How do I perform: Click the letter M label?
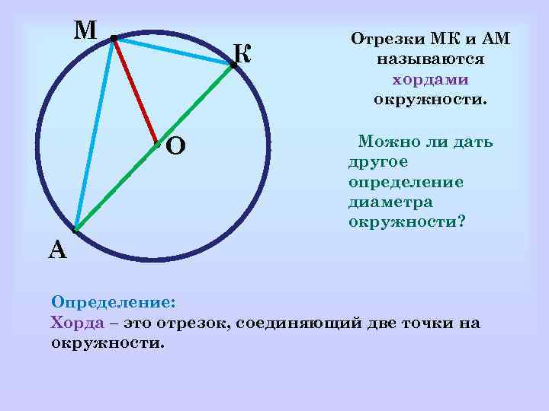pos(85,30)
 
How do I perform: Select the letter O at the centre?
pos(175,145)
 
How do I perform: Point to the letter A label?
pos(57,249)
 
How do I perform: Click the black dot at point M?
pos(113,38)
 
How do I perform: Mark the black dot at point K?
pos(233,65)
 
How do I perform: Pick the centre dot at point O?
pos(156,143)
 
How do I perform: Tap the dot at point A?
pos(75,229)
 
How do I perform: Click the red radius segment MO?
pos(134,91)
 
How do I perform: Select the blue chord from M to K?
pos(173,52)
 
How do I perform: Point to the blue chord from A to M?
pos(95,133)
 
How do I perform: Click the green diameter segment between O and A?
pos(116,186)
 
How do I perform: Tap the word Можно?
pos(388,142)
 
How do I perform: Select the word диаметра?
pos(390,202)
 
